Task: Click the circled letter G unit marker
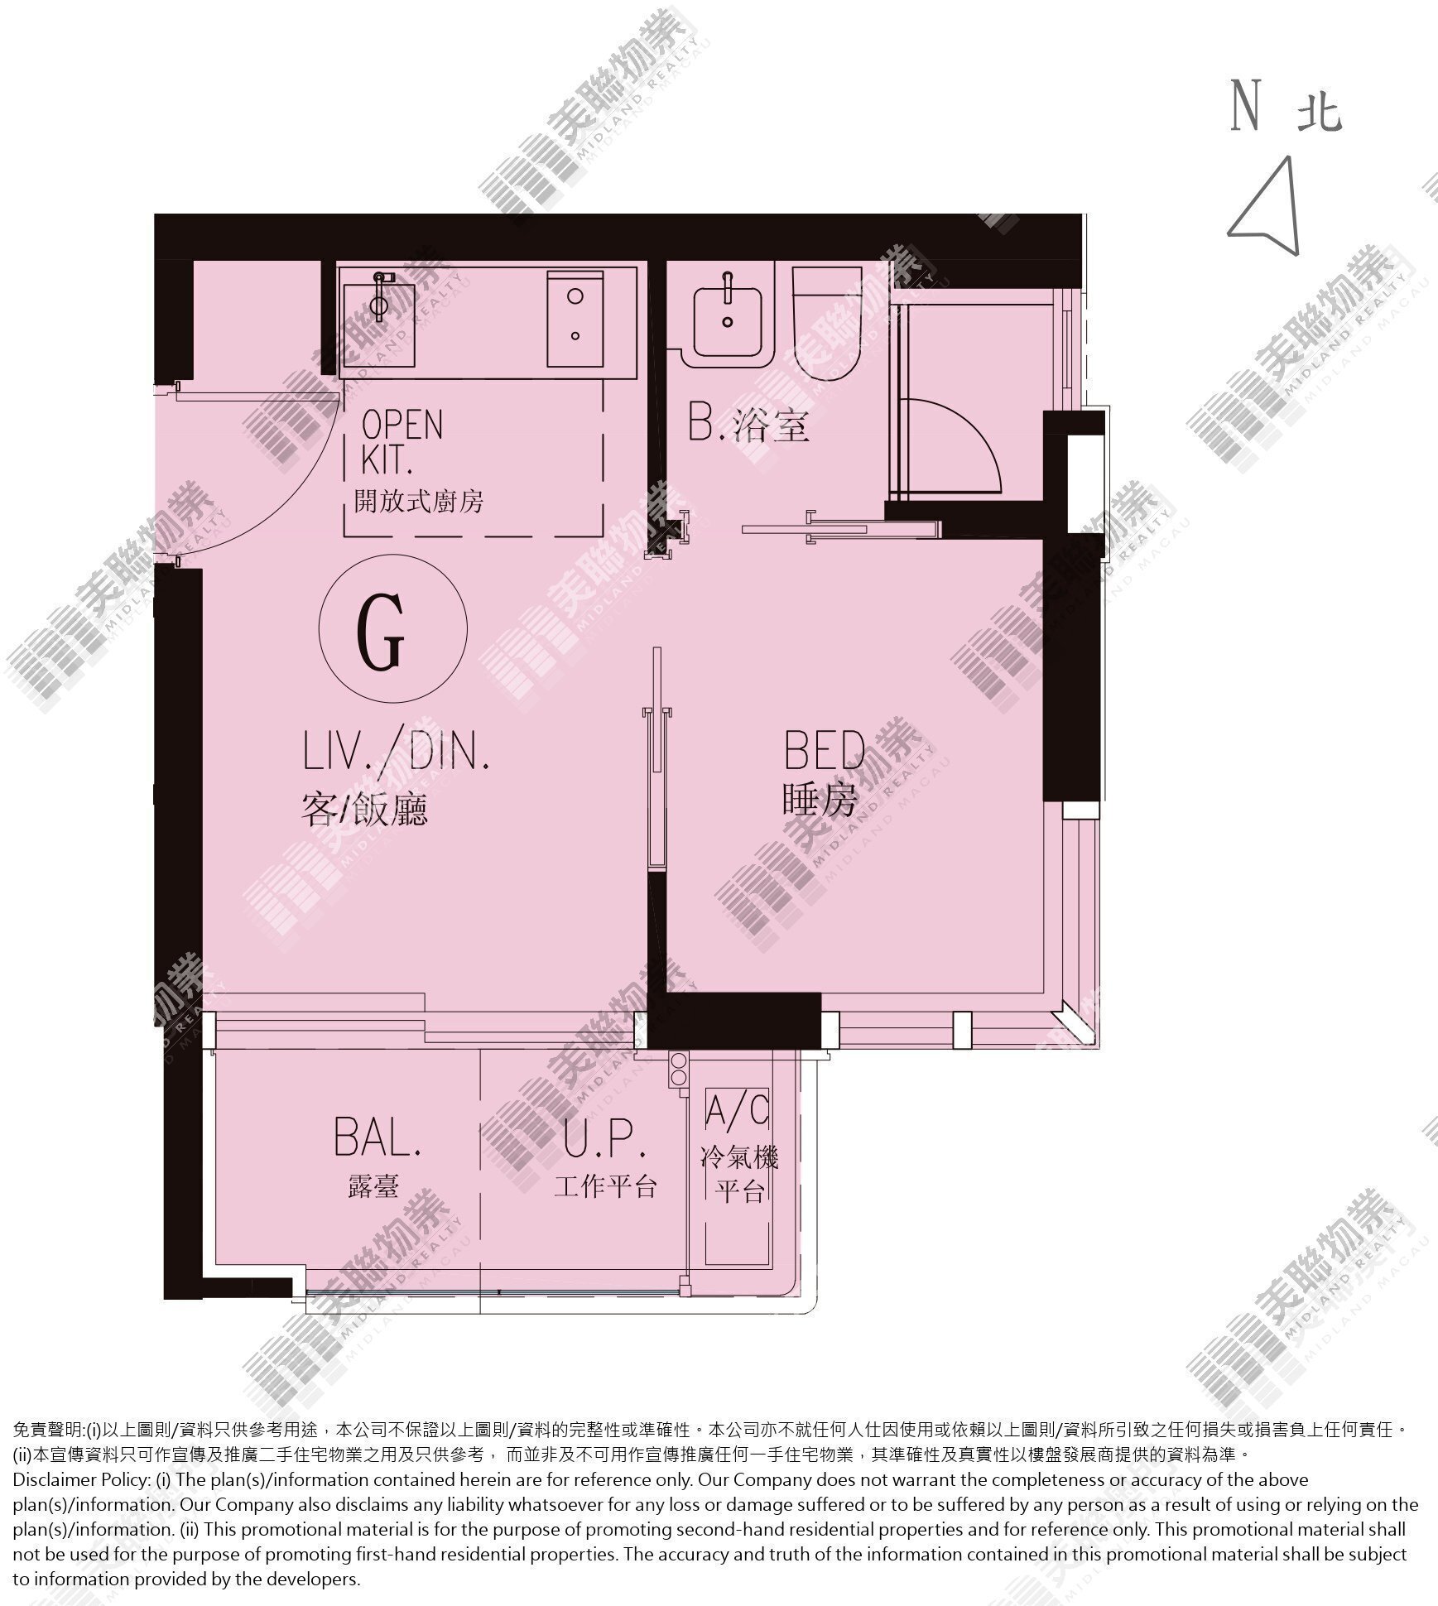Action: pos(393,629)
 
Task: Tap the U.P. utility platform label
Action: pos(604,1137)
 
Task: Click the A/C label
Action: pos(738,1110)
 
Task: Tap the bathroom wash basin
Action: pos(728,320)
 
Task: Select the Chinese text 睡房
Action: pos(820,801)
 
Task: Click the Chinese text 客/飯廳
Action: pos(365,809)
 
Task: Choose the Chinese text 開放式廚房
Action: pos(418,501)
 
